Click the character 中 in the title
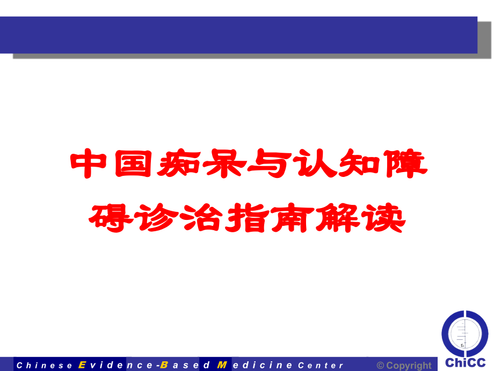pos(88,166)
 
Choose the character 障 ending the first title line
pos(406,166)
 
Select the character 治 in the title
pos(202,217)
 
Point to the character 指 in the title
pos(248,217)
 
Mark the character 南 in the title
pos(293,217)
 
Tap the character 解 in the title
pos(338,217)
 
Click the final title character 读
pos(383,217)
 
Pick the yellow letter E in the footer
pos(82,365)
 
